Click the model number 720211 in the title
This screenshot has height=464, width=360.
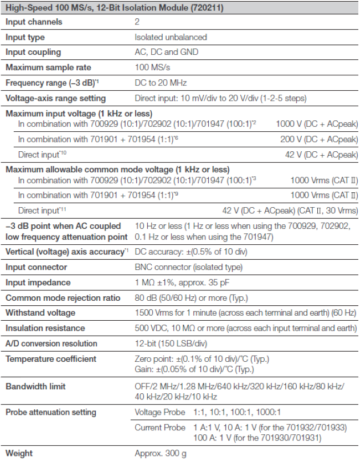point(208,8)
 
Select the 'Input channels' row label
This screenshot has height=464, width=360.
point(34,22)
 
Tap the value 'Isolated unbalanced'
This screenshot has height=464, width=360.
point(171,37)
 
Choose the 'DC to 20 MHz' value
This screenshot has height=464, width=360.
point(160,83)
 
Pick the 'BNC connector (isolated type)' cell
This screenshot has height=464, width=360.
point(188,267)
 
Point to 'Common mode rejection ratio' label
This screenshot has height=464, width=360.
point(63,298)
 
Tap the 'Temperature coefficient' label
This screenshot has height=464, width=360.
point(51,359)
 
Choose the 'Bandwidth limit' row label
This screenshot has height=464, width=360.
point(35,386)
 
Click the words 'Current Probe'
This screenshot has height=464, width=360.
point(160,427)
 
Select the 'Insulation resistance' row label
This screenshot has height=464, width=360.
point(45,329)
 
